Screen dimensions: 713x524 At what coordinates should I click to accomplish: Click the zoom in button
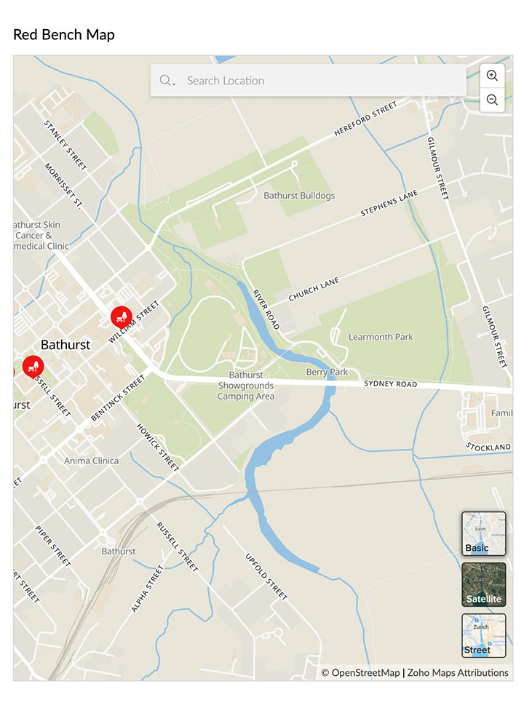pyautogui.click(x=492, y=76)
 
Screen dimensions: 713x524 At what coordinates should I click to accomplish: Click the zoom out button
pyautogui.click(x=492, y=100)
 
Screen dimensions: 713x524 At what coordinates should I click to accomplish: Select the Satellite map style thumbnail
pyautogui.click(x=483, y=584)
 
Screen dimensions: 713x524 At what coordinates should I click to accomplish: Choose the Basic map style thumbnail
pyautogui.click(x=483, y=533)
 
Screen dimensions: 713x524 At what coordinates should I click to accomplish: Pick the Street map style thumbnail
pyautogui.click(x=483, y=635)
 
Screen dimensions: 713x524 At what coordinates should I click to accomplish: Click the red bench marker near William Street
pyautogui.click(x=121, y=316)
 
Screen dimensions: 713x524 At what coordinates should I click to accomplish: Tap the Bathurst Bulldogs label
pyautogui.click(x=299, y=196)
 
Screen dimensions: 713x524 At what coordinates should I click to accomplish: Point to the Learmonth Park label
pyautogui.click(x=381, y=337)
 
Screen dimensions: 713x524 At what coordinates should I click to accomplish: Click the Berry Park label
pyautogui.click(x=327, y=372)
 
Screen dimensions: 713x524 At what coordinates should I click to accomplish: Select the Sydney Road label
pyautogui.click(x=391, y=383)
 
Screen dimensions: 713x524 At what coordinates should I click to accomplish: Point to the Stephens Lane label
pyautogui.click(x=389, y=204)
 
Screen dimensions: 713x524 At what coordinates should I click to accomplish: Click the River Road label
pyautogui.click(x=266, y=309)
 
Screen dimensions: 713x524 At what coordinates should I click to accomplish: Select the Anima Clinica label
pyautogui.click(x=91, y=461)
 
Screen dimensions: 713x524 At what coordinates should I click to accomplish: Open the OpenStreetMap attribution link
pyautogui.click(x=361, y=672)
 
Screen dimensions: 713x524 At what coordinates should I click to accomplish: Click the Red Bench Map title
pyautogui.click(x=64, y=34)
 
